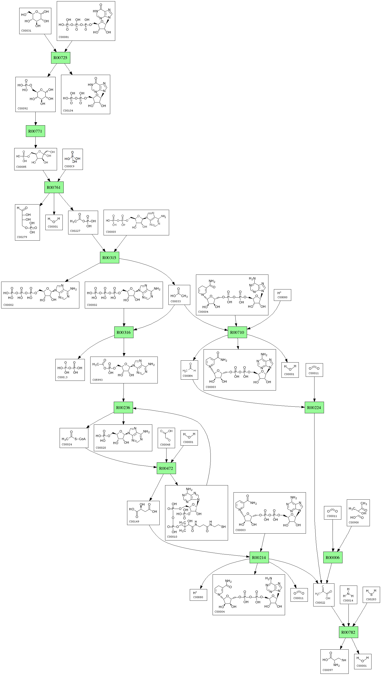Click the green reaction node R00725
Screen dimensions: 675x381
pos(60,58)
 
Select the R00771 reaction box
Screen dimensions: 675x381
pos(35,131)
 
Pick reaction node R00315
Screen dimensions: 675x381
pos(110,258)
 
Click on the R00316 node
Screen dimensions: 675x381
pos(124,332)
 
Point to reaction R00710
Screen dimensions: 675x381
pos(237,332)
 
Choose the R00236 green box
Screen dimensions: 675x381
pos(123,407)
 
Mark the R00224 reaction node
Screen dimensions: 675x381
pos(314,407)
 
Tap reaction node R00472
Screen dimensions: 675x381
pos(166,468)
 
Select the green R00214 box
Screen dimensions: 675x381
pos(259,557)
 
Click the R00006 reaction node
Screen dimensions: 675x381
pos(333,557)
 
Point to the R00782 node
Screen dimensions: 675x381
pos(348,632)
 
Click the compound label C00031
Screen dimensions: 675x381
pos(26,31)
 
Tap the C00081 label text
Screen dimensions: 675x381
pos(63,37)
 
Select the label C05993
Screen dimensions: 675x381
pos(97,380)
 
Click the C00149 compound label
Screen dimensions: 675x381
pos(134,521)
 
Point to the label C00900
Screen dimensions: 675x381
pos(353,522)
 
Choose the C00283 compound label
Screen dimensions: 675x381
pos(371,599)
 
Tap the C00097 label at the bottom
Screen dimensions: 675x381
pos(328,670)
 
